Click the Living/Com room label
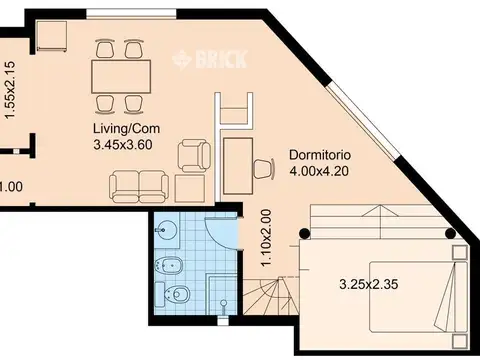pos(126,129)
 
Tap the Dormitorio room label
pos(320,155)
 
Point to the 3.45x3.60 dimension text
pos(123,145)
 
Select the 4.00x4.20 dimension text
pos(319,171)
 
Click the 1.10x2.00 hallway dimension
pos(266,238)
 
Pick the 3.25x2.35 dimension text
pos(369,284)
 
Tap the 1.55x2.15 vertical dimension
pos(10,90)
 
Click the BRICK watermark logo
pos(209,59)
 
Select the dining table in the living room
pos(121,76)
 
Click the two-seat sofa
pos(139,187)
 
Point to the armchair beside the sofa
pos(194,156)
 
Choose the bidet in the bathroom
pos(169,265)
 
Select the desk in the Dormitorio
pos(238,166)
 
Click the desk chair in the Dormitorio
pos(264,169)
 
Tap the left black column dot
pos(304,233)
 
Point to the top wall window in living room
pos(131,13)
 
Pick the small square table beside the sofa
pos(190,188)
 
